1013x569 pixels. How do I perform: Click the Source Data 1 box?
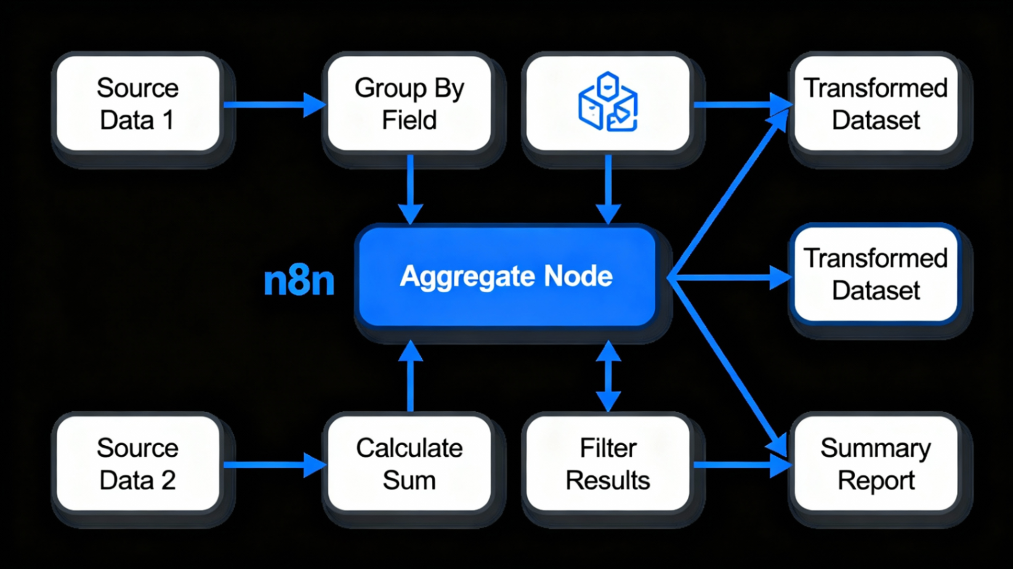pyautogui.click(x=137, y=104)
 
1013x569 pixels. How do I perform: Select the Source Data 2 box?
pyautogui.click(x=137, y=464)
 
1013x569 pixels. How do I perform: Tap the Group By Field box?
pyautogui.click(x=409, y=104)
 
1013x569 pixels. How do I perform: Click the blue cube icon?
pyautogui.click(x=608, y=102)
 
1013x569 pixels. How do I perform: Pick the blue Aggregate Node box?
pyautogui.click(x=506, y=277)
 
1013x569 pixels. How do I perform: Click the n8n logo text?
pyautogui.click(x=299, y=281)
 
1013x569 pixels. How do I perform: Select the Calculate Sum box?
pyautogui.click(x=409, y=464)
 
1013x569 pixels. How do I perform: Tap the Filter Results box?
pyautogui.click(x=608, y=464)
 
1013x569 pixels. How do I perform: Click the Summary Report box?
pyautogui.click(x=875, y=464)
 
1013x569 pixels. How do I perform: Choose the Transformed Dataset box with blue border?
pyautogui.click(x=875, y=274)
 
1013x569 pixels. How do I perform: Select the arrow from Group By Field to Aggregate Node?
pyautogui.click(x=410, y=188)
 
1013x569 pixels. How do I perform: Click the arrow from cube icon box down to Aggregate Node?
pyautogui.click(x=608, y=188)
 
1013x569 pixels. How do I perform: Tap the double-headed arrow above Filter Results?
pyautogui.click(x=608, y=376)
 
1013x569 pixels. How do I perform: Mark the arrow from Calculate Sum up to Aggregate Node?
pyautogui.click(x=410, y=376)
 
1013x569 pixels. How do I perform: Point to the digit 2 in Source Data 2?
pyautogui.click(x=168, y=480)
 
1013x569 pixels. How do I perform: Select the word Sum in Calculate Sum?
pyautogui.click(x=409, y=480)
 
